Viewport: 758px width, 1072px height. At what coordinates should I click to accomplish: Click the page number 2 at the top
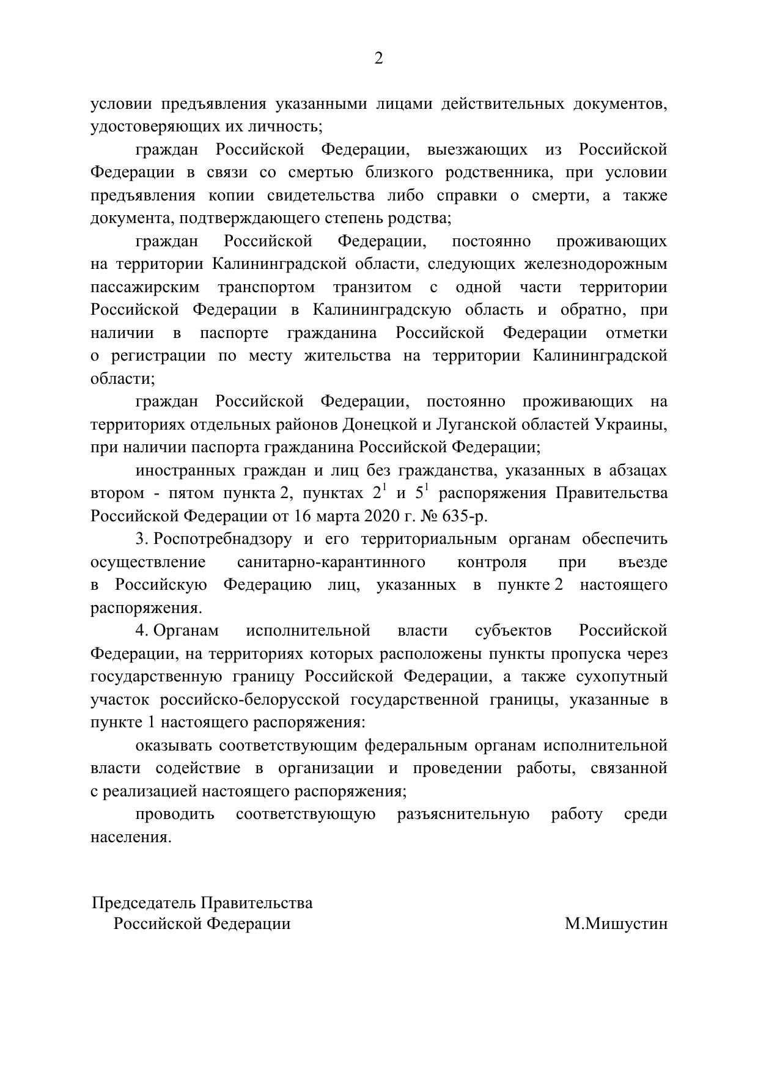coord(378,59)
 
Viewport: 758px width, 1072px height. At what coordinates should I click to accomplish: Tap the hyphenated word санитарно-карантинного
coord(331,562)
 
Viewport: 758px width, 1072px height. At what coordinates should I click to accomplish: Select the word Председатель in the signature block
coord(144,903)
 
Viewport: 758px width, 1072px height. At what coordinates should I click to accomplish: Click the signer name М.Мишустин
coord(616,924)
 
